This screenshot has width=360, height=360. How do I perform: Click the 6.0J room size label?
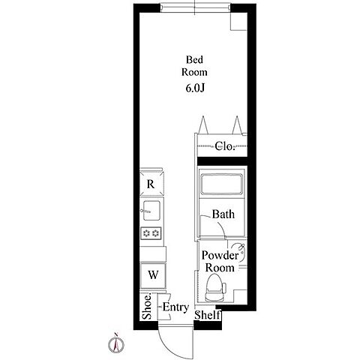[x=195, y=88]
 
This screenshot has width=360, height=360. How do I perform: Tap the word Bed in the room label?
[x=194, y=59]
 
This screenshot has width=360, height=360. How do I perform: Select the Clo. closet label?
[x=225, y=146]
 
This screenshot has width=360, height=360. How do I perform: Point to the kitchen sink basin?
[x=151, y=211]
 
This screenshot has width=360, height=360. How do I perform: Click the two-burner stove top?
[x=151, y=233]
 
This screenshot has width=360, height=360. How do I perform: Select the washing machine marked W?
[x=153, y=275]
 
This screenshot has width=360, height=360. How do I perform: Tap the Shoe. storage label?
[x=147, y=306]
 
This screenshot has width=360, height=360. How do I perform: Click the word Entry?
[x=175, y=307]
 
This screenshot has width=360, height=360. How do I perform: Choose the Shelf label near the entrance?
[x=208, y=315]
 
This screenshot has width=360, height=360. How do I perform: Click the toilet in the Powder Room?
[x=215, y=287]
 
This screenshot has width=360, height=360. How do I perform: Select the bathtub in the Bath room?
[x=221, y=184]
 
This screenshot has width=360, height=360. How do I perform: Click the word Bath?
[x=223, y=214]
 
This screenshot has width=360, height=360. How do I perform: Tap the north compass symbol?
[x=116, y=343]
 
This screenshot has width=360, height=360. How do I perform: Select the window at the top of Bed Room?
[x=195, y=7]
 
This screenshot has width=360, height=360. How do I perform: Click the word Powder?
[x=220, y=256]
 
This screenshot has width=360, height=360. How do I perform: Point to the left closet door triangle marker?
[x=203, y=125]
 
